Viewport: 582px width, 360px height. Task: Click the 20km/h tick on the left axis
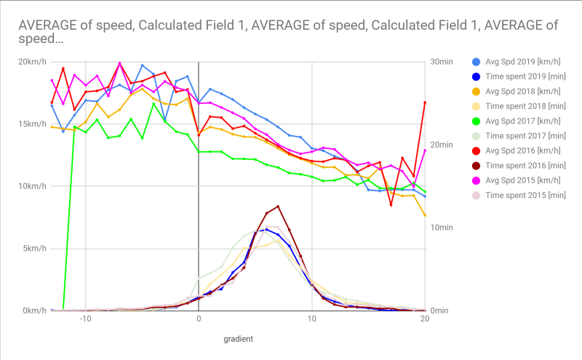[x=33, y=61]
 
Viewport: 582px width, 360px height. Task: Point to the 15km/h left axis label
[x=33, y=124]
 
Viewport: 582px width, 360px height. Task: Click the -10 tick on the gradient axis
[x=84, y=319]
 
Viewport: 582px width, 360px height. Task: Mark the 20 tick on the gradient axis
[x=424, y=319]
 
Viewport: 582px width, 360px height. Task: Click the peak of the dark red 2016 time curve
[x=277, y=206]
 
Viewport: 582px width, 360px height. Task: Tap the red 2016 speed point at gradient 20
[x=425, y=103]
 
